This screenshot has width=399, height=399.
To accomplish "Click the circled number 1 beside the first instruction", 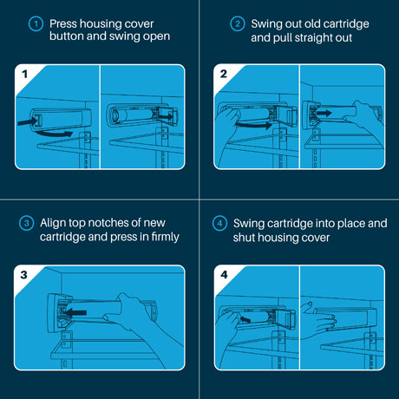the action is pyautogui.click(x=36, y=23).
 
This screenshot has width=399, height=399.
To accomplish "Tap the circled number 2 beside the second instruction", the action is pyautogui.click(x=238, y=23).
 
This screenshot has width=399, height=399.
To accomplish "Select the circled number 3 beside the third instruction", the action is pyautogui.click(x=27, y=223).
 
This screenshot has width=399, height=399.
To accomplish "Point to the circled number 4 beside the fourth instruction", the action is pyautogui.click(x=219, y=223).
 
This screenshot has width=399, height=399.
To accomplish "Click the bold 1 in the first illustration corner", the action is pyautogui.click(x=25, y=74).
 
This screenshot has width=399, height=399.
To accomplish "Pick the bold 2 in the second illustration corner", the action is pyautogui.click(x=224, y=74).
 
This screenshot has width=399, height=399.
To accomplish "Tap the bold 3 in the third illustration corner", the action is pyautogui.click(x=23, y=275).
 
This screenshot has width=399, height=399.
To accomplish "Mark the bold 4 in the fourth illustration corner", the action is pyautogui.click(x=224, y=274).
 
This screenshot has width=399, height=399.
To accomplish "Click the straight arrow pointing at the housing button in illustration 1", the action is pyautogui.click(x=28, y=121).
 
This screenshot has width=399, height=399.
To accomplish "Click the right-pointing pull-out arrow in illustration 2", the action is pyautogui.click(x=324, y=113).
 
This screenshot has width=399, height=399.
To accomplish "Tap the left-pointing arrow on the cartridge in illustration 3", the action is pyautogui.click(x=75, y=312).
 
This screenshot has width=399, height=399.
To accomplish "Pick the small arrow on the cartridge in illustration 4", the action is pyautogui.click(x=245, y=319).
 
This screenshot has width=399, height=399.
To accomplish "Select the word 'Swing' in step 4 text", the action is pyautogui.click(x=249, y=224).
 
